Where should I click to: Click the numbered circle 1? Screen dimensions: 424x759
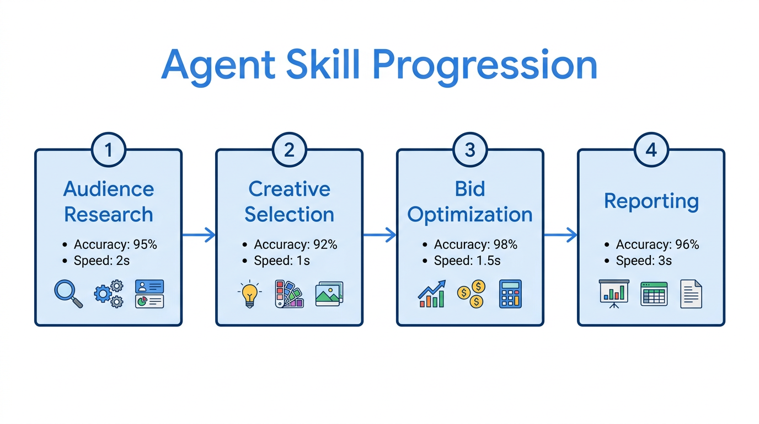108,150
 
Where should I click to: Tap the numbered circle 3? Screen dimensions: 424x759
470,150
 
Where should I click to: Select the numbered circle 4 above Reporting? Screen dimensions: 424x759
651,150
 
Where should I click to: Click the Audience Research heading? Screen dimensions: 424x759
109,202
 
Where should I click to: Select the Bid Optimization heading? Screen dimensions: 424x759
470,202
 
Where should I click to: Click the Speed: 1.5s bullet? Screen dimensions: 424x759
467,261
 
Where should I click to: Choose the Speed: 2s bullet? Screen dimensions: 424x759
101,261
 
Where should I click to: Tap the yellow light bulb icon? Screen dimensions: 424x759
249,294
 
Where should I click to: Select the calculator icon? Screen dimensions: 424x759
510,294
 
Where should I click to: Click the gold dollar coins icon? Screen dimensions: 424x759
471,294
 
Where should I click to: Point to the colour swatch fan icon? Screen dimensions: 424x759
288,294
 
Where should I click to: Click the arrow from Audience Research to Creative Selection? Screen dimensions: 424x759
199,235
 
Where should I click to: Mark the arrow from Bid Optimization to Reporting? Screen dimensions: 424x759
560,235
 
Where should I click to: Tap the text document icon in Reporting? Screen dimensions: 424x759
691,294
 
